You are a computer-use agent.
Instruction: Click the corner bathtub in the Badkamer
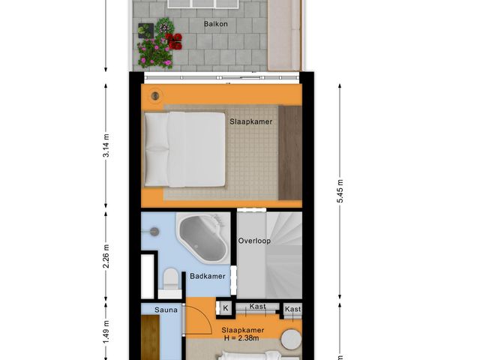pyautogui.click(x=201, y=238)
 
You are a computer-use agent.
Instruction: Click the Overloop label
pyautogui.click(x=254, y=241)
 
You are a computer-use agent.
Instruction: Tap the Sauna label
pyautogui.click(x=166, y=309)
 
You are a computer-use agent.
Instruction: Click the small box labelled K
pyautogui.click(x=225, y=308)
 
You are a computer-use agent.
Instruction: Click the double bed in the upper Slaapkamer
pyautogui.click(x=184, y=149)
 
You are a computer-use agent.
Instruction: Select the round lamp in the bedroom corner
pyautogui.click(x=156, y=95)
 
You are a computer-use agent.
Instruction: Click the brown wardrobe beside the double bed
pyautogui.click(x=289, y=152)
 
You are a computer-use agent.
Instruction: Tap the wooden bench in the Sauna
pyautogui.click(x=150, y=337)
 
